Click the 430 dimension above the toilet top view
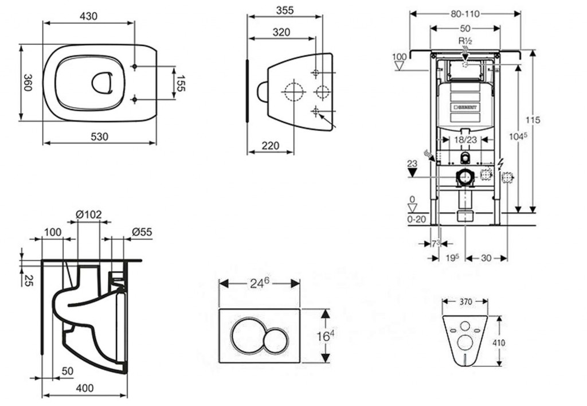point(88,17)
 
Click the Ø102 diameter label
point(88,214)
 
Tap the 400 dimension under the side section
point(84,388)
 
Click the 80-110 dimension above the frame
point(465,13)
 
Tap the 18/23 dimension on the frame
point(465,139)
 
